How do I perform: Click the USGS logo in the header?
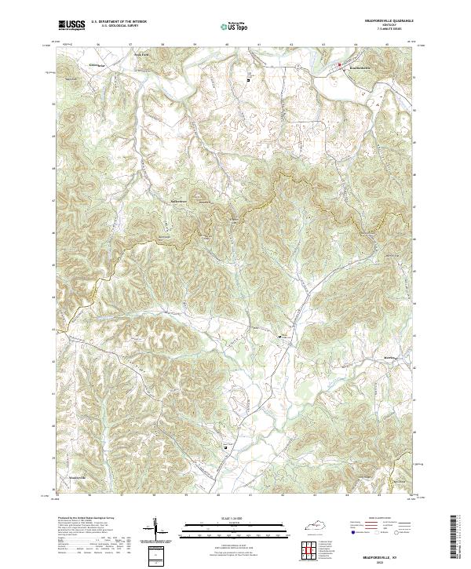71,25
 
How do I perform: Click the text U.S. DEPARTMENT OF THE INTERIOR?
119,22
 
